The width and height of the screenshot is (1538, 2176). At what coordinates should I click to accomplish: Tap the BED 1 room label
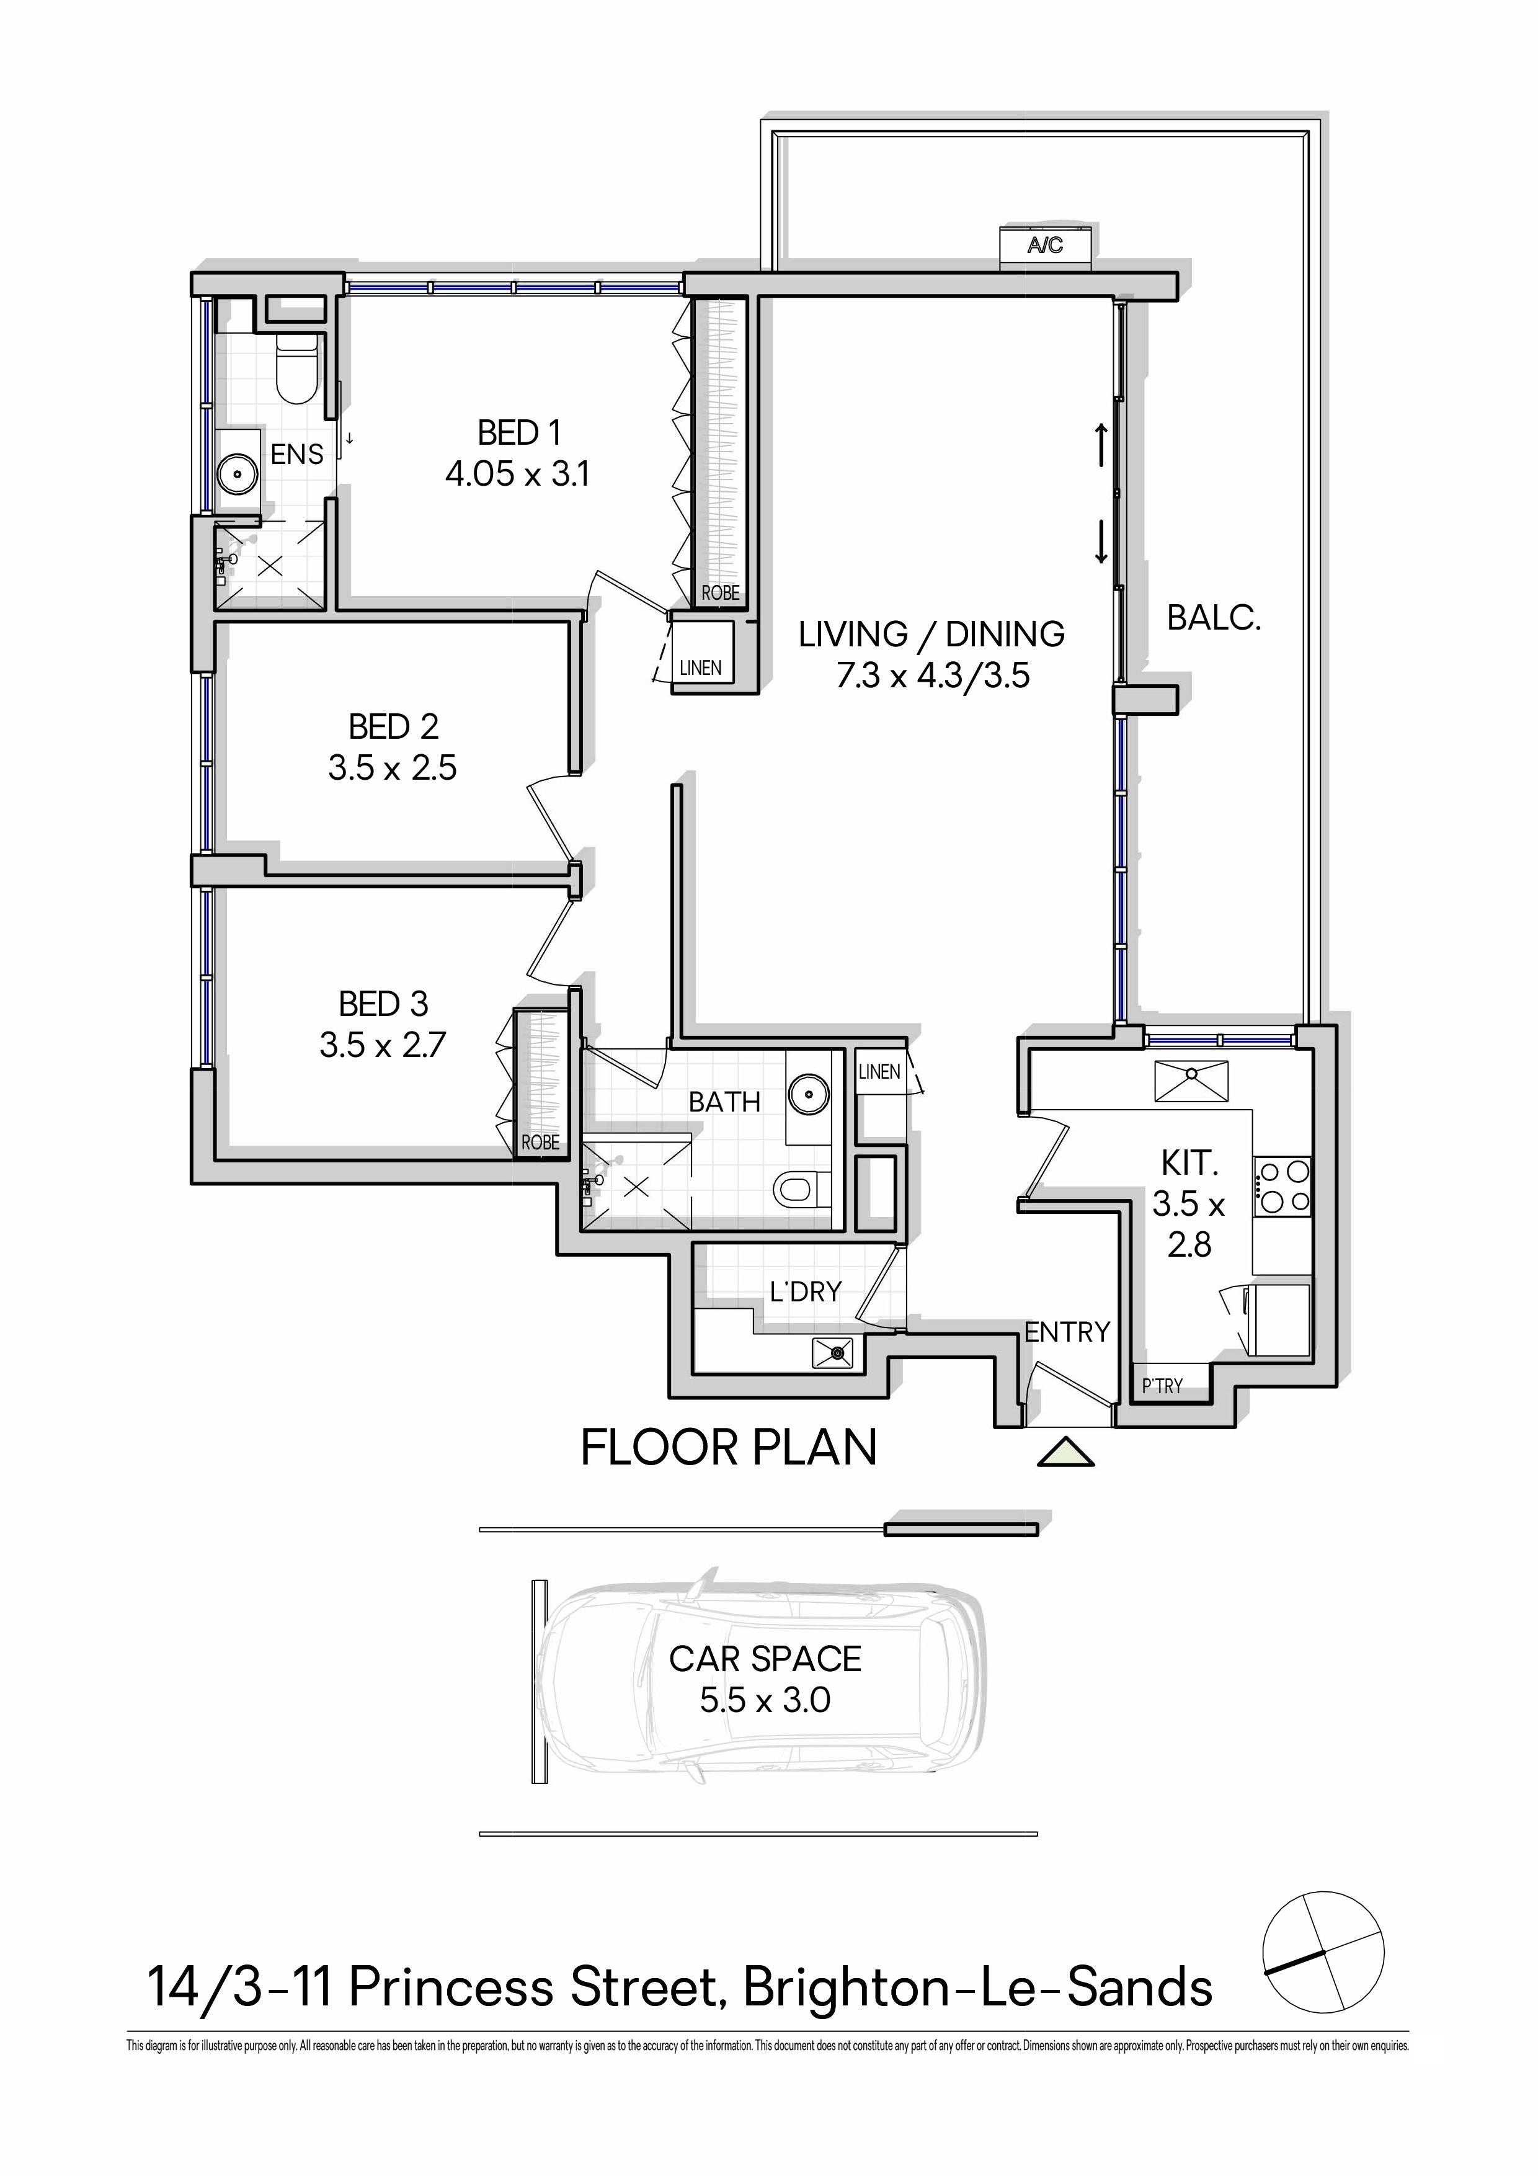coord(519,433)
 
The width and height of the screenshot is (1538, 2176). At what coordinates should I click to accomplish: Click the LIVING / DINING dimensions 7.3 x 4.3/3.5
coord(933,676)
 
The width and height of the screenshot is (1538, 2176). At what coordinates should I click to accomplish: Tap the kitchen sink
coord(1192,1081)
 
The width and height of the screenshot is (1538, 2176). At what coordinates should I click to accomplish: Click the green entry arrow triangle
coord(1065,1452)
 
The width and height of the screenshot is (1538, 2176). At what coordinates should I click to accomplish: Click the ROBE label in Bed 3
coord(540,1143)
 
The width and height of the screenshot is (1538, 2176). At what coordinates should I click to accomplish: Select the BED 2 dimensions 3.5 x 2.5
coord(393,768)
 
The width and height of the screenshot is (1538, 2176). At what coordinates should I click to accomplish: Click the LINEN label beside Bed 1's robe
coord(700,667)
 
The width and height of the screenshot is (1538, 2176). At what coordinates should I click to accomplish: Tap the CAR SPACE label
coord(765,1659)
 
